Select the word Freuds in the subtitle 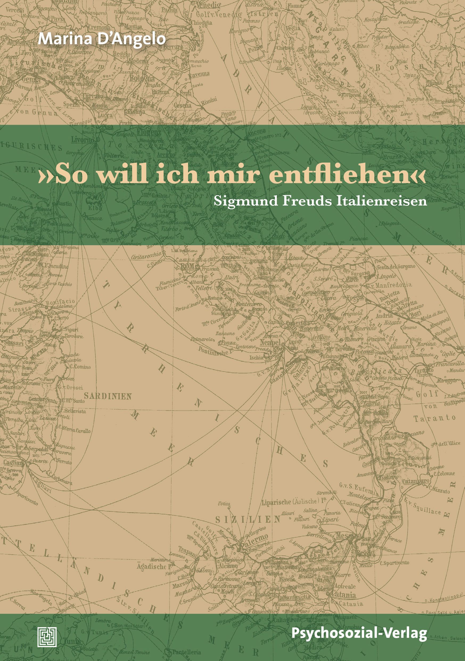(307, 201)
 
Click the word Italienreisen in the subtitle (382, 201)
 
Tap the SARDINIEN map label (108, 396)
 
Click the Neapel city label (270, 342)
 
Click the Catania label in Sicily (344, 594)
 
